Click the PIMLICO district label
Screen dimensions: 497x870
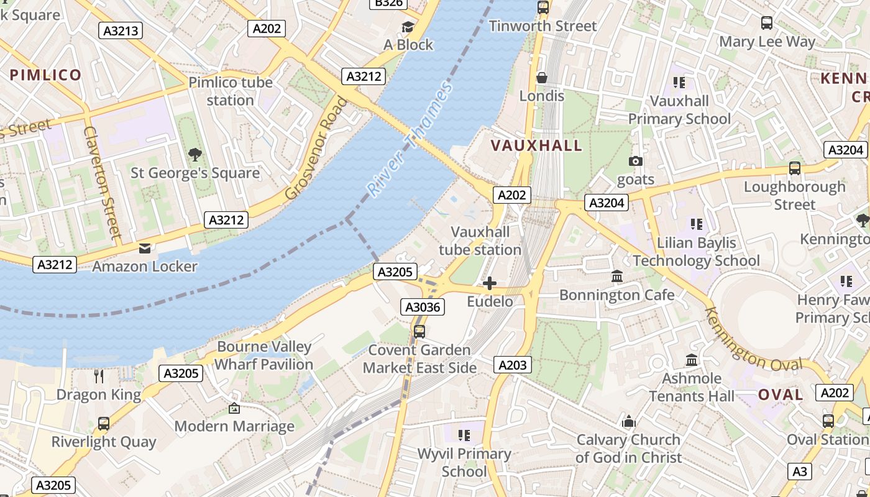coord(45,75)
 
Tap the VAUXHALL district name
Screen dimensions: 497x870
coord(537,145)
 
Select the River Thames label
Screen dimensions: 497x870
coord(410,140)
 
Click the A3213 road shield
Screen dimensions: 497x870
coord(121,30)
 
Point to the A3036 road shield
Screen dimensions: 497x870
coord(423,307)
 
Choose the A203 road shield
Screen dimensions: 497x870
coord(513,365)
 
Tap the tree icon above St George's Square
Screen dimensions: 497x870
coord(195,154)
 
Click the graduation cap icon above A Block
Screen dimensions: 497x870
coord(408,27)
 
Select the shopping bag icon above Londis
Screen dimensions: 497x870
coord(542,78)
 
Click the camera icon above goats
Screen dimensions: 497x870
coord(635,162)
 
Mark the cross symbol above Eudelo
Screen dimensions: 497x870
coord(490,284)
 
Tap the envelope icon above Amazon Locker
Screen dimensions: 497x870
coord(145,248)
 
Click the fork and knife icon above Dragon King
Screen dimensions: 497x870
coord(98,376)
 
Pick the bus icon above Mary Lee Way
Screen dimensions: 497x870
coord(767,23)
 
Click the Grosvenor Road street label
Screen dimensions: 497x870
coord(316,148)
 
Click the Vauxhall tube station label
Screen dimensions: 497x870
coord(480,241)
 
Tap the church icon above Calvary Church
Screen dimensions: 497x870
coord(628,422)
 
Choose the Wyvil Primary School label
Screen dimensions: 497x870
coord(464,463)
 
